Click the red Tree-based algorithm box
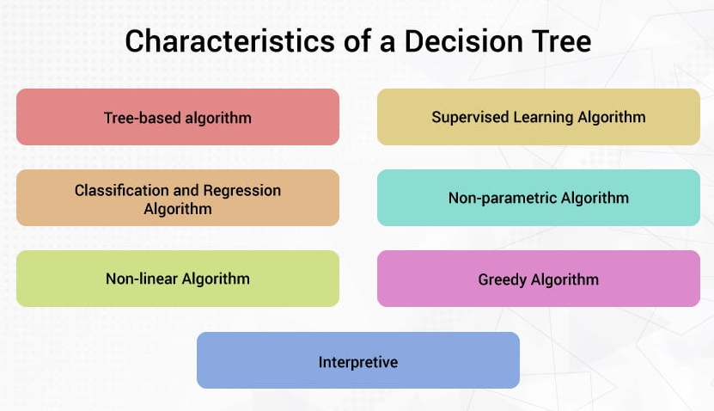(178, 117)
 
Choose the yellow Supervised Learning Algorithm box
(539, 117)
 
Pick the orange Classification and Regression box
(178, 198)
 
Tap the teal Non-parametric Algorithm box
(539, 198)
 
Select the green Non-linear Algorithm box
(178, 279)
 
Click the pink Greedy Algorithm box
(539, 279)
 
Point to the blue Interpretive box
(358, 361)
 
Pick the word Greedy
(502, 279)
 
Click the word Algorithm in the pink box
(564, 279)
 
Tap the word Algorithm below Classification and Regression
(178, 208)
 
